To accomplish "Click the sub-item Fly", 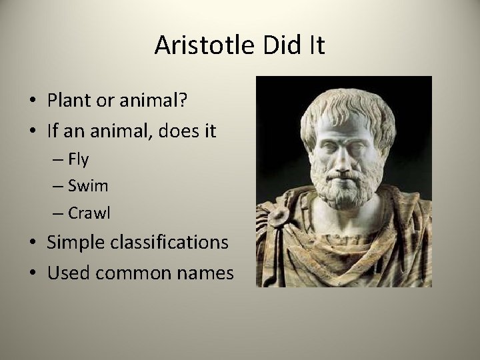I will pos(79,160).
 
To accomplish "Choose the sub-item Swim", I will pos(88,187).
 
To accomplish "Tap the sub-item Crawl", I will pos(89,213).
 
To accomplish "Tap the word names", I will pos(206,273).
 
